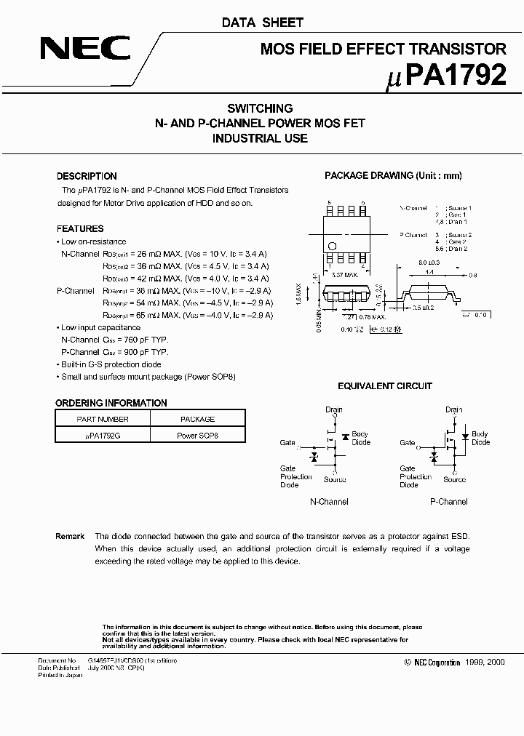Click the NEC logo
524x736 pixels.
click(x=85, y=49)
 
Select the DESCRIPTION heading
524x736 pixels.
click(x=87, y=176)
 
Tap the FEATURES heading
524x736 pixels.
click(x=80, y=228)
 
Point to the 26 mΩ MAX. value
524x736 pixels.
click(x=160, y=255)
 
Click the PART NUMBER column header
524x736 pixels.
click(x=103, y=419)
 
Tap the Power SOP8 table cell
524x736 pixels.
click(x=197, y=436)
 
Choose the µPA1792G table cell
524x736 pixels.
click(x=103, y=436)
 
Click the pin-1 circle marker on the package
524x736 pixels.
click(x=332, y=245)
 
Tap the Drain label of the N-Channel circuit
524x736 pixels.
click(x=333, y=409)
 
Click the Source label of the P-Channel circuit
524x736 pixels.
click(x=454, y=479)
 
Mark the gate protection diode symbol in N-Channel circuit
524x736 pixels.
click(x=314, y=457)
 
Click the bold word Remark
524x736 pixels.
click(x=70, y=536)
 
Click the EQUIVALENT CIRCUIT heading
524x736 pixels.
click(x=385, y=386)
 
